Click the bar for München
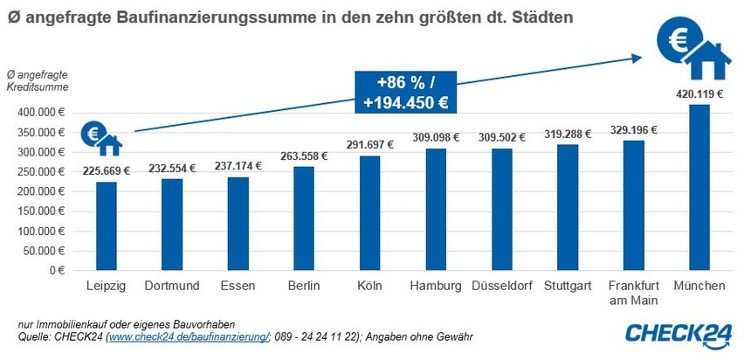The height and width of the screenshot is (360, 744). point(699,187)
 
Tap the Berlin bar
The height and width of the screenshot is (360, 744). point(304,218)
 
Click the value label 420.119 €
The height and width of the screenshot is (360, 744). point(699,94)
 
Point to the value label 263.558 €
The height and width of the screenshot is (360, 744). point(303,156)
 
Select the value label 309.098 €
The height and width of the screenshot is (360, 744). point(435,137)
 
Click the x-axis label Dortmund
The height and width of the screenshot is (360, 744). point(172,286)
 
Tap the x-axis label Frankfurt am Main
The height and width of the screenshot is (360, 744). point(633,293)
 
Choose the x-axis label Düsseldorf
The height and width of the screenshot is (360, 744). point(501,286)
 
